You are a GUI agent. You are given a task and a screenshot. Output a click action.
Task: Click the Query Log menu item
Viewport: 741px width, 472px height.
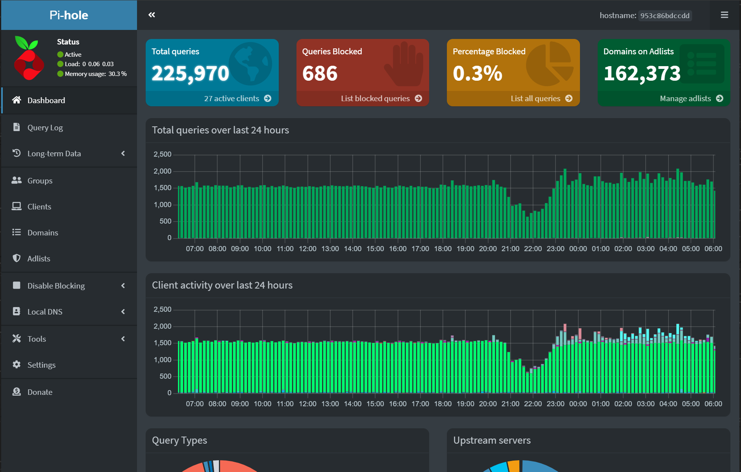[45, 128]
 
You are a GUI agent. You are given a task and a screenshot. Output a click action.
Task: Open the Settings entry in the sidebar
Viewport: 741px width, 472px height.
[41, 365]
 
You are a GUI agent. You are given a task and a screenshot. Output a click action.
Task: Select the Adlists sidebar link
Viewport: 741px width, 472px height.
[39, 259]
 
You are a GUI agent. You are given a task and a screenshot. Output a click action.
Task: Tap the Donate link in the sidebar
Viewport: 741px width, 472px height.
[40, 392]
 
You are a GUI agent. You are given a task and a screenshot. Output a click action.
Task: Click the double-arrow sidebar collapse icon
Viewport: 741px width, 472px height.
[152, 15]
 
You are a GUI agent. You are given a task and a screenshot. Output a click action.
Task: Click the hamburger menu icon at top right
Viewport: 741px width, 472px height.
[724, 15]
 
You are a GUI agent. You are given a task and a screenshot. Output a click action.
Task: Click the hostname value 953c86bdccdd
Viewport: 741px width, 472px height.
[665, 16]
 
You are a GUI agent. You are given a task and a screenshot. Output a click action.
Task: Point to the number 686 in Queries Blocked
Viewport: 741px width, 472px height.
[320, 74]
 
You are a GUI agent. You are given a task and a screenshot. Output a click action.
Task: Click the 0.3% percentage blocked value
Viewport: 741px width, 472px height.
[477, 74]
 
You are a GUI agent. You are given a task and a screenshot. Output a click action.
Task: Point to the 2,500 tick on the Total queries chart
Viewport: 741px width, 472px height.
[162, 154]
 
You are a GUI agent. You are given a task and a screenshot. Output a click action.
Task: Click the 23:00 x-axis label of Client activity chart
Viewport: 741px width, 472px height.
[555, 404]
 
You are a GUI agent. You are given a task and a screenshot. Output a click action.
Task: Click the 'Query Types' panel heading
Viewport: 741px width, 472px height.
[180, 441]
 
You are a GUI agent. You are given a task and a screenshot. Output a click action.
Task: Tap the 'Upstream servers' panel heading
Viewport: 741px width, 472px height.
[492, 441]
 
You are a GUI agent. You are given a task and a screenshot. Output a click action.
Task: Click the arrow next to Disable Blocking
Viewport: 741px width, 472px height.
[123, 286]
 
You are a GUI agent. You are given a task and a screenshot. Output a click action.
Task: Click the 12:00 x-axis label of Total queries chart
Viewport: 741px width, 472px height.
[308, 249]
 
